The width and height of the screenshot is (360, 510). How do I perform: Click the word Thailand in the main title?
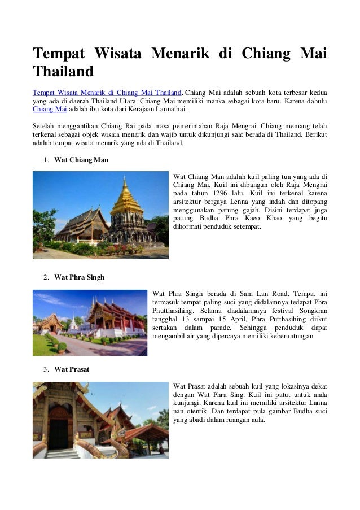coord(63,72)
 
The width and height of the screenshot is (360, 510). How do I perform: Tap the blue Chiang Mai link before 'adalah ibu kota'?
coord(45,110)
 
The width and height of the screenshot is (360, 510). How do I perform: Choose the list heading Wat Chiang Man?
coord(81,160)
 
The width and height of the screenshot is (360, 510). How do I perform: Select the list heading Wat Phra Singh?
coord(79,277)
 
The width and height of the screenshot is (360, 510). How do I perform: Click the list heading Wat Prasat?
coord(72,369)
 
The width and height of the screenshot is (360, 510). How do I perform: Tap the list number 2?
coord(45,277)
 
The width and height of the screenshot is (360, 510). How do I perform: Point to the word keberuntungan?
coord(289,336)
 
